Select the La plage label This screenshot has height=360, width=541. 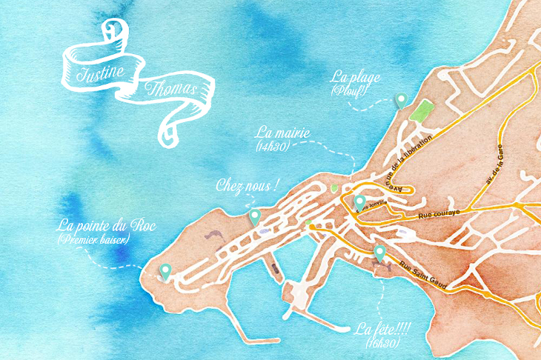355,77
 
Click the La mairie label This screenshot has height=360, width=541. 282,133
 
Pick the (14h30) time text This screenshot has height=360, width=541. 271,147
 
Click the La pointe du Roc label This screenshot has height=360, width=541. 106,225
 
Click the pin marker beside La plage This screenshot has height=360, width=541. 401,101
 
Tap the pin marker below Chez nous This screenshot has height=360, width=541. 254,216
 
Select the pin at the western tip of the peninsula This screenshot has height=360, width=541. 165,271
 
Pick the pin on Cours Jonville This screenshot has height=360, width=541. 359,201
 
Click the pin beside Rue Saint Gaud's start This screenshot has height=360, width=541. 380,253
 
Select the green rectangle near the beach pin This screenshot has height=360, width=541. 422,113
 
